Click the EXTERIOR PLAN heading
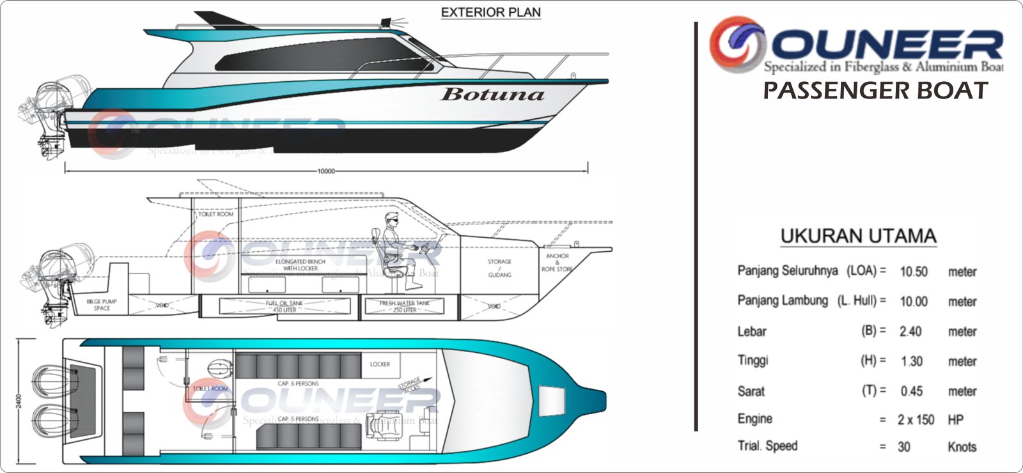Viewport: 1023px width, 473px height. click(490, 12)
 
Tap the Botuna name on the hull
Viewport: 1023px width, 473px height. click(492, 95)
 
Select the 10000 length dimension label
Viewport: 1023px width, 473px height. click(326, 171)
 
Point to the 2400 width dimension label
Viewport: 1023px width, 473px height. click(19, 401)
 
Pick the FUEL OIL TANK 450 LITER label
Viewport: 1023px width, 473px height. click(285, 306)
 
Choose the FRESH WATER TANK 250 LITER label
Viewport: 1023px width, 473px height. click(404, 306)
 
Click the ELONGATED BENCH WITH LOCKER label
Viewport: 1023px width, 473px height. click(301, 265)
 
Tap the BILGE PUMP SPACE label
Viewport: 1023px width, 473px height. click(102, 304)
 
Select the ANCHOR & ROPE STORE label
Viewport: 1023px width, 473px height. click(557, 262)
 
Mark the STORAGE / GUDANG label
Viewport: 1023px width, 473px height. click(499, 268)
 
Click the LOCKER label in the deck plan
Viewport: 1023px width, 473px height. click(380, 364)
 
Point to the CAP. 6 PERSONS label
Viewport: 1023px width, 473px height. click(298, 384)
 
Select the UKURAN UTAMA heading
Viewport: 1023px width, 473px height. click(858, 236)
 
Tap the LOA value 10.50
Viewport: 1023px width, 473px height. click(913, 272)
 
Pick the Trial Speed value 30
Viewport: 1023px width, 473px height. click(903, 447)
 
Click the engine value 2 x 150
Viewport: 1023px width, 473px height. click(916, 420)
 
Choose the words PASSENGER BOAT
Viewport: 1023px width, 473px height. click(875, 91)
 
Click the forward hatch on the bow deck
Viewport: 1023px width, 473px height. click(552, 401)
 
